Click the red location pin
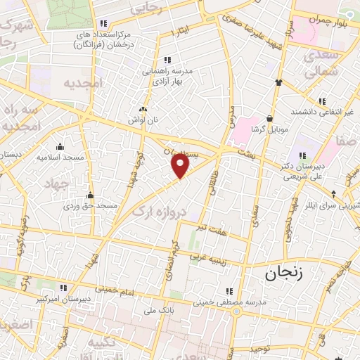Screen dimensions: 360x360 (181, 165)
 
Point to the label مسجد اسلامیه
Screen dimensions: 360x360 (60, 157)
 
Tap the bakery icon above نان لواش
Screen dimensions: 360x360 (143, 109)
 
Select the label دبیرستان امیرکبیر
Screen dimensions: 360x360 (63, 297)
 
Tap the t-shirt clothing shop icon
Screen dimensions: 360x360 (278, 82)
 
